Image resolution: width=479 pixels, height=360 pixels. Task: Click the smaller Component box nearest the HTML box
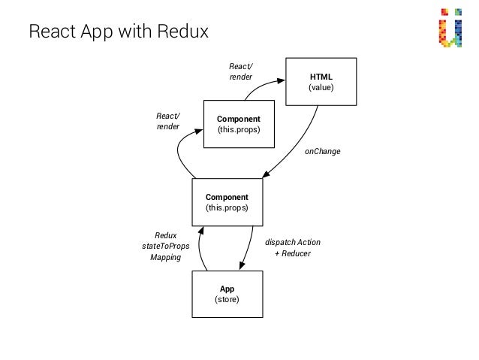pyautogui.click(x=238, y=124)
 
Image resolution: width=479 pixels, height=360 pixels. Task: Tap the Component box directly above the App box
pyautogui.click(x=227, y=201)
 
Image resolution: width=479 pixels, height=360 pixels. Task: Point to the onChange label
pyautogui.click(x=322, y=152)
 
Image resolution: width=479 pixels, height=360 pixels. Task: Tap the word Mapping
pyautogui.click(x=165, y=257)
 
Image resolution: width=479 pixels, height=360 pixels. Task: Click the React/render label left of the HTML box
pyautogui.click(x=240, y=71)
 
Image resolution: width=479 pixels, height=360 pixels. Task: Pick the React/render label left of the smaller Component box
pyautogui.click(x=167, y=121)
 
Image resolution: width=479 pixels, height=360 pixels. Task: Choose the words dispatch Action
pyautogui.click(x=292, y=243)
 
